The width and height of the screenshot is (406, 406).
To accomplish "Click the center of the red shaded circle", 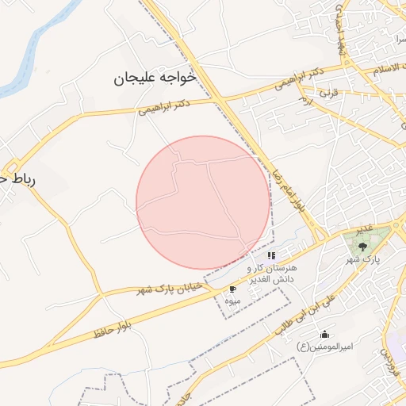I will coord(203,202).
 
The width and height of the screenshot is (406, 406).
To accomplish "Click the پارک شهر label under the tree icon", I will coord(363,259).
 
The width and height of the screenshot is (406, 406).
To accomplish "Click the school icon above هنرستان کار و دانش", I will coord(271,255).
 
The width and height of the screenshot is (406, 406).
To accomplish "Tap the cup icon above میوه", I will coord(232,289).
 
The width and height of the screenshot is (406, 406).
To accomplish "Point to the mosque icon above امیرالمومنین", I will coord(324,334).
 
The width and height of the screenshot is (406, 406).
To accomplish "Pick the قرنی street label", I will coord(327,93).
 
